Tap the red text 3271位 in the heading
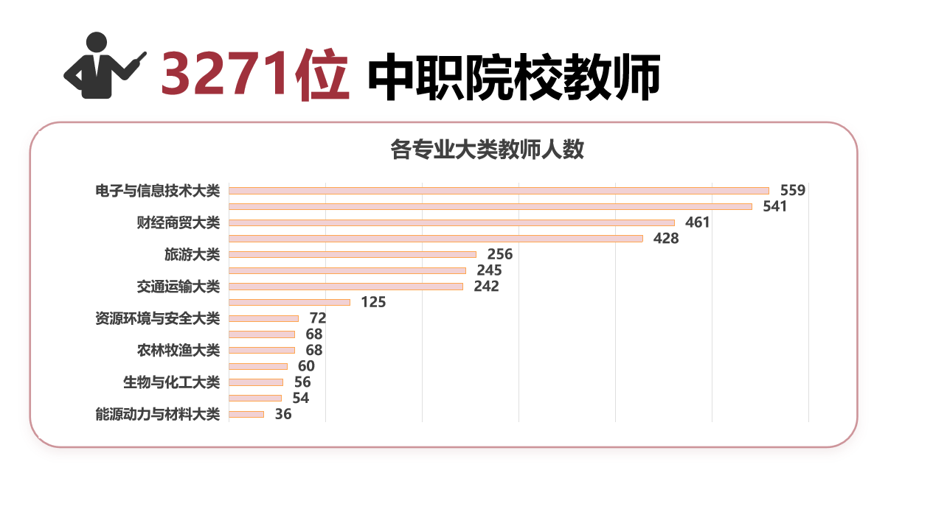coord(254,75)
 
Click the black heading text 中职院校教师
coord(513,77)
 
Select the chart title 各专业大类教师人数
coord(487,150)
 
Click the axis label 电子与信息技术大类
coord(158,191)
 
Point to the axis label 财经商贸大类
coord(178,222)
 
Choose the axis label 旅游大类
coord(192,255)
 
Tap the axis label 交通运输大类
coord(178,287)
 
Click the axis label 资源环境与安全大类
coord(158,318)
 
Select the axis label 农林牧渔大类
coord(178,350)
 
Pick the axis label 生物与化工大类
coord(172,382)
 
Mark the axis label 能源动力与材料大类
coord(158,414)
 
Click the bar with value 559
coord(499,191)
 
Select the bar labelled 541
coord(490,207)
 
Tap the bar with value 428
coord(436,239)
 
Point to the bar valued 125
coord(289,302)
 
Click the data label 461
coord(697,222)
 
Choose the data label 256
coord(499,255)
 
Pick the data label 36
coord(283,414)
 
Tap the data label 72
coord(318,318)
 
